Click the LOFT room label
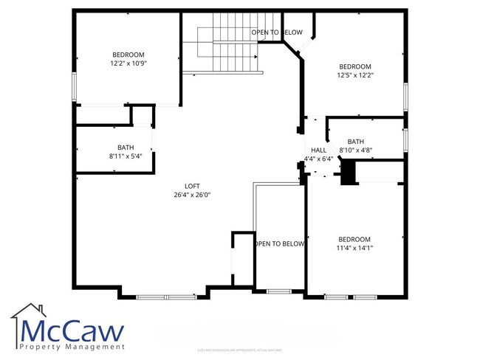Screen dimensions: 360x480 point(193,186)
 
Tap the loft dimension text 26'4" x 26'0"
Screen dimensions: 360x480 point(193,195)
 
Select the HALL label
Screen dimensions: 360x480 point(318,150)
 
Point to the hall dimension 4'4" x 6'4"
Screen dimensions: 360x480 point(318,158)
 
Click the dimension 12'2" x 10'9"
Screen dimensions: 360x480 point(128,63)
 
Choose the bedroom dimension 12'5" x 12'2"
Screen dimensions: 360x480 point(354,75)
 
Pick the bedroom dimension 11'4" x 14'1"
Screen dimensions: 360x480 point(354,248)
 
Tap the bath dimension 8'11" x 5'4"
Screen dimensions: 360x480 point(126,156)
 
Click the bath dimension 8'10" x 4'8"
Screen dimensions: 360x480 point(355,150)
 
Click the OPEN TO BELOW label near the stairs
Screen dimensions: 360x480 point(277,32)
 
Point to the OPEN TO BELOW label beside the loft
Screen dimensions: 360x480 point(279,243)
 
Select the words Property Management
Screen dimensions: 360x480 point(72,347)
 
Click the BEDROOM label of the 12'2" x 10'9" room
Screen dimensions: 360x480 point(128,55)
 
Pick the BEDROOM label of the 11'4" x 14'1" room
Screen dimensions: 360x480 point(354,239)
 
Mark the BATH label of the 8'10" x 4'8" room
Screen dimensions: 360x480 point(356,142)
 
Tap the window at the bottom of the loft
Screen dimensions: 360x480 point(165,297)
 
